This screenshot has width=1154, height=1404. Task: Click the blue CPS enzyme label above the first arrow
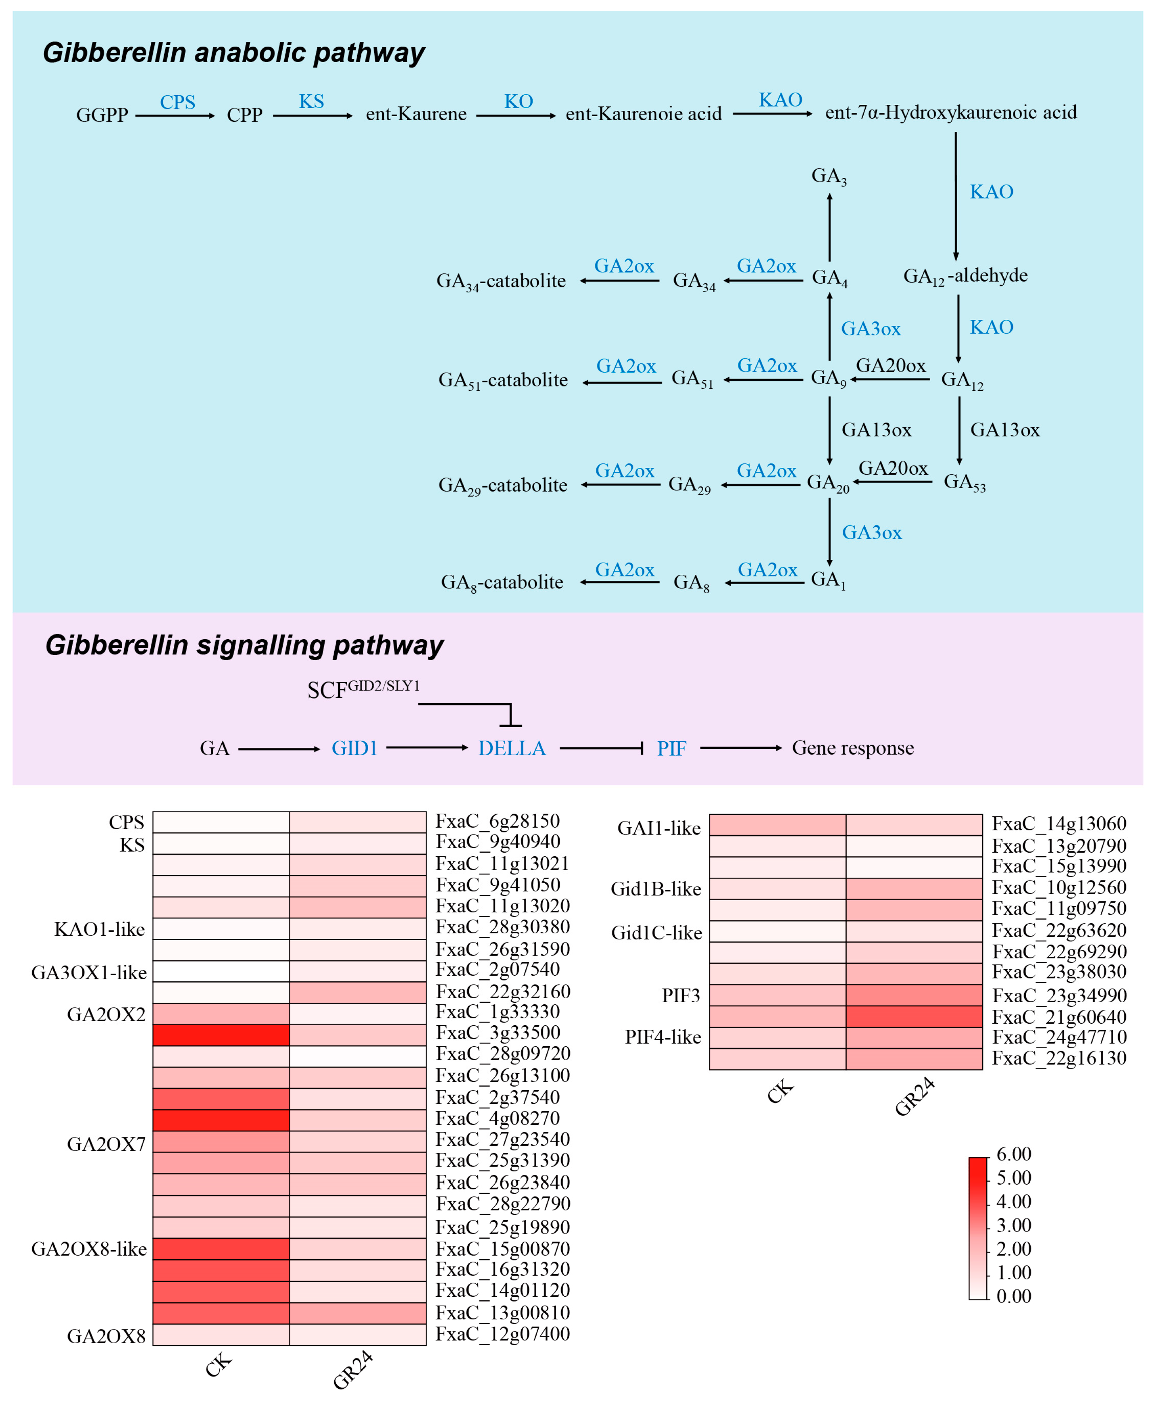click(x=177, y=102)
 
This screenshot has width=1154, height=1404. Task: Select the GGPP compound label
click(x=102, y=115)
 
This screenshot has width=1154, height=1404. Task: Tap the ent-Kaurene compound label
click(x=416, y=114)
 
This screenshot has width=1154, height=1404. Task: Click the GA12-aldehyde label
click(x=965, y=276)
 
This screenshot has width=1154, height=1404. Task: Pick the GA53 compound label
click(x=964, y=482)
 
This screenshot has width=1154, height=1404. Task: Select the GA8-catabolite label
click(x=502, y=583)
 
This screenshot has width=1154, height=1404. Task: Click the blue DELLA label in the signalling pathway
click(x=512, y=749)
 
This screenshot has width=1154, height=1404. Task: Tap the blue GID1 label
click(x=354, y=749)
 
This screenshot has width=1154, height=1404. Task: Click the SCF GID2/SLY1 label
click(x=363, y=689)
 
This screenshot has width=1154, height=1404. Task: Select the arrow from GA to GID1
click(x=279, y=749)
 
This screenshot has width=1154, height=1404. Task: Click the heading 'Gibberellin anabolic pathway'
click(x=233, y=52)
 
